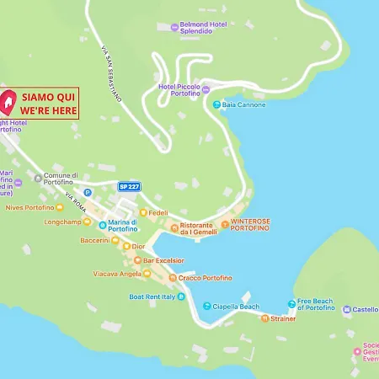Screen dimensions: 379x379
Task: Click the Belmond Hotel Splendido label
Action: tap(204, 29)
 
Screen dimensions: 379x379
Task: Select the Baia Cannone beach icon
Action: tap(217, 104)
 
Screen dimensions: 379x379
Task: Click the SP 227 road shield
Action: tap(128, 185)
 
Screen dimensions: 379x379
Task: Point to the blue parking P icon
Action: tap(87, 192)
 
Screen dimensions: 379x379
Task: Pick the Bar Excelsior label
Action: tap(163, 261)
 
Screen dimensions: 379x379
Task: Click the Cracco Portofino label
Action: tap(205, 278)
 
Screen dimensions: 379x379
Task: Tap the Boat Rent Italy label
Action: tap(156, 296)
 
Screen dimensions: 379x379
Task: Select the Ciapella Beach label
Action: tap(235, 307)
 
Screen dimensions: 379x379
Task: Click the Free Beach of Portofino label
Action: tap(315, 305)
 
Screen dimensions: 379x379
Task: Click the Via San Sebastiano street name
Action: tap(111, 74)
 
